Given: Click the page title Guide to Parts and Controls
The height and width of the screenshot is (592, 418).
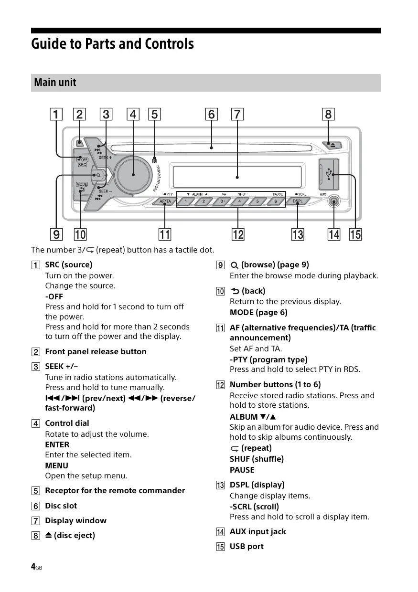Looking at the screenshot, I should pos(113,44).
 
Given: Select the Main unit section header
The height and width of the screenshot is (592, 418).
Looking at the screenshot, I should pos(55,82).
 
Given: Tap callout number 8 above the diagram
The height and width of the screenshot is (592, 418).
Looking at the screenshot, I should pos(328,115).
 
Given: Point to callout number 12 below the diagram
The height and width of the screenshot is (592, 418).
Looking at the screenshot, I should pos(237,234).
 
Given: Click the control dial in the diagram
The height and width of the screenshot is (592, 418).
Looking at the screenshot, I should pos(133,175).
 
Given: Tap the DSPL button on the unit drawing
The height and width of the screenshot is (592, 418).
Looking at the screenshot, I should pos(298,201).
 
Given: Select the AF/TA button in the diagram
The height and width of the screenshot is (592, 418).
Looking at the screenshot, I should pos(165,201).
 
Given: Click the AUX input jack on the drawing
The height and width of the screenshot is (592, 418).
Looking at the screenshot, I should pos(333,202).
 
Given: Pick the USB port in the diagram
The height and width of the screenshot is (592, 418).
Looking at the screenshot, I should pos(329,175).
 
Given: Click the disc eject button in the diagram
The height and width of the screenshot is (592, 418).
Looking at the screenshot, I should pos(332,144).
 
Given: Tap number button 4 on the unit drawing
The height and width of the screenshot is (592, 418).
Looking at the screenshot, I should pos(240,201).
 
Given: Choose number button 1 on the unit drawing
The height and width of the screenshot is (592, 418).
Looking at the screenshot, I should pos(186,201).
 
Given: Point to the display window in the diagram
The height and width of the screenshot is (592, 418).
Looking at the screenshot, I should pos(237,177).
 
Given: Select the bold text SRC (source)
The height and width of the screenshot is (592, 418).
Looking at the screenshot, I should pos(69,264).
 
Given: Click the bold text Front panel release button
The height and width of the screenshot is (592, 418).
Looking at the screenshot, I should pos(96,352).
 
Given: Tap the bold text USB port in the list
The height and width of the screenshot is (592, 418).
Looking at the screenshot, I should pos(247,547).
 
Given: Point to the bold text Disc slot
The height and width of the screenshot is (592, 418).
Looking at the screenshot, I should pos(61,506).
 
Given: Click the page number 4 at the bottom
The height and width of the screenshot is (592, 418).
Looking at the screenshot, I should pos(33,567).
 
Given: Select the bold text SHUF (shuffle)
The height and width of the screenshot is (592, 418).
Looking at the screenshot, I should pos(257,459).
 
